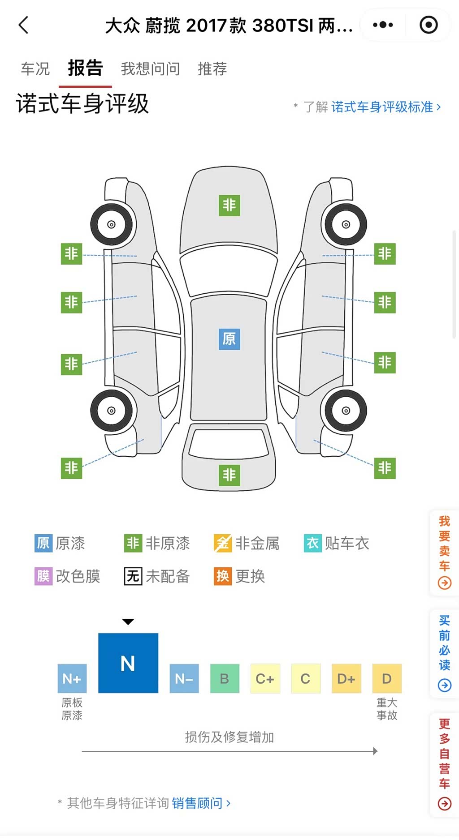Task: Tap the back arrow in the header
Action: coord(24,25)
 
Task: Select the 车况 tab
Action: coord(35,69)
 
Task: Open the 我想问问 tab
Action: coord(150,69)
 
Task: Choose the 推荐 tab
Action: coord(212,69)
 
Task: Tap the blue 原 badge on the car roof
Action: coord(229,339)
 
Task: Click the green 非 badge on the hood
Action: coord(229,206)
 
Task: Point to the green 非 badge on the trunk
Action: coord(229,475)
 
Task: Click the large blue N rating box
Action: coord(128,663)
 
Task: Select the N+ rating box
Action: coord(72,679)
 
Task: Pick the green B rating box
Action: coord(225,679)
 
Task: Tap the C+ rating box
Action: coord(265,679)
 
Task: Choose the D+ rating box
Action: coord(346,679)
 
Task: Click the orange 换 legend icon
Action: coord(223,576)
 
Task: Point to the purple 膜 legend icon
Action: coord(43,576)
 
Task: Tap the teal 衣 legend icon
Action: coord(312,544)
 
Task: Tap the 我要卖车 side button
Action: coord(444,553)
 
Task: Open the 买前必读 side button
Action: coord(444,654)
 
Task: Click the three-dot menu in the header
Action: coord(383,25)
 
